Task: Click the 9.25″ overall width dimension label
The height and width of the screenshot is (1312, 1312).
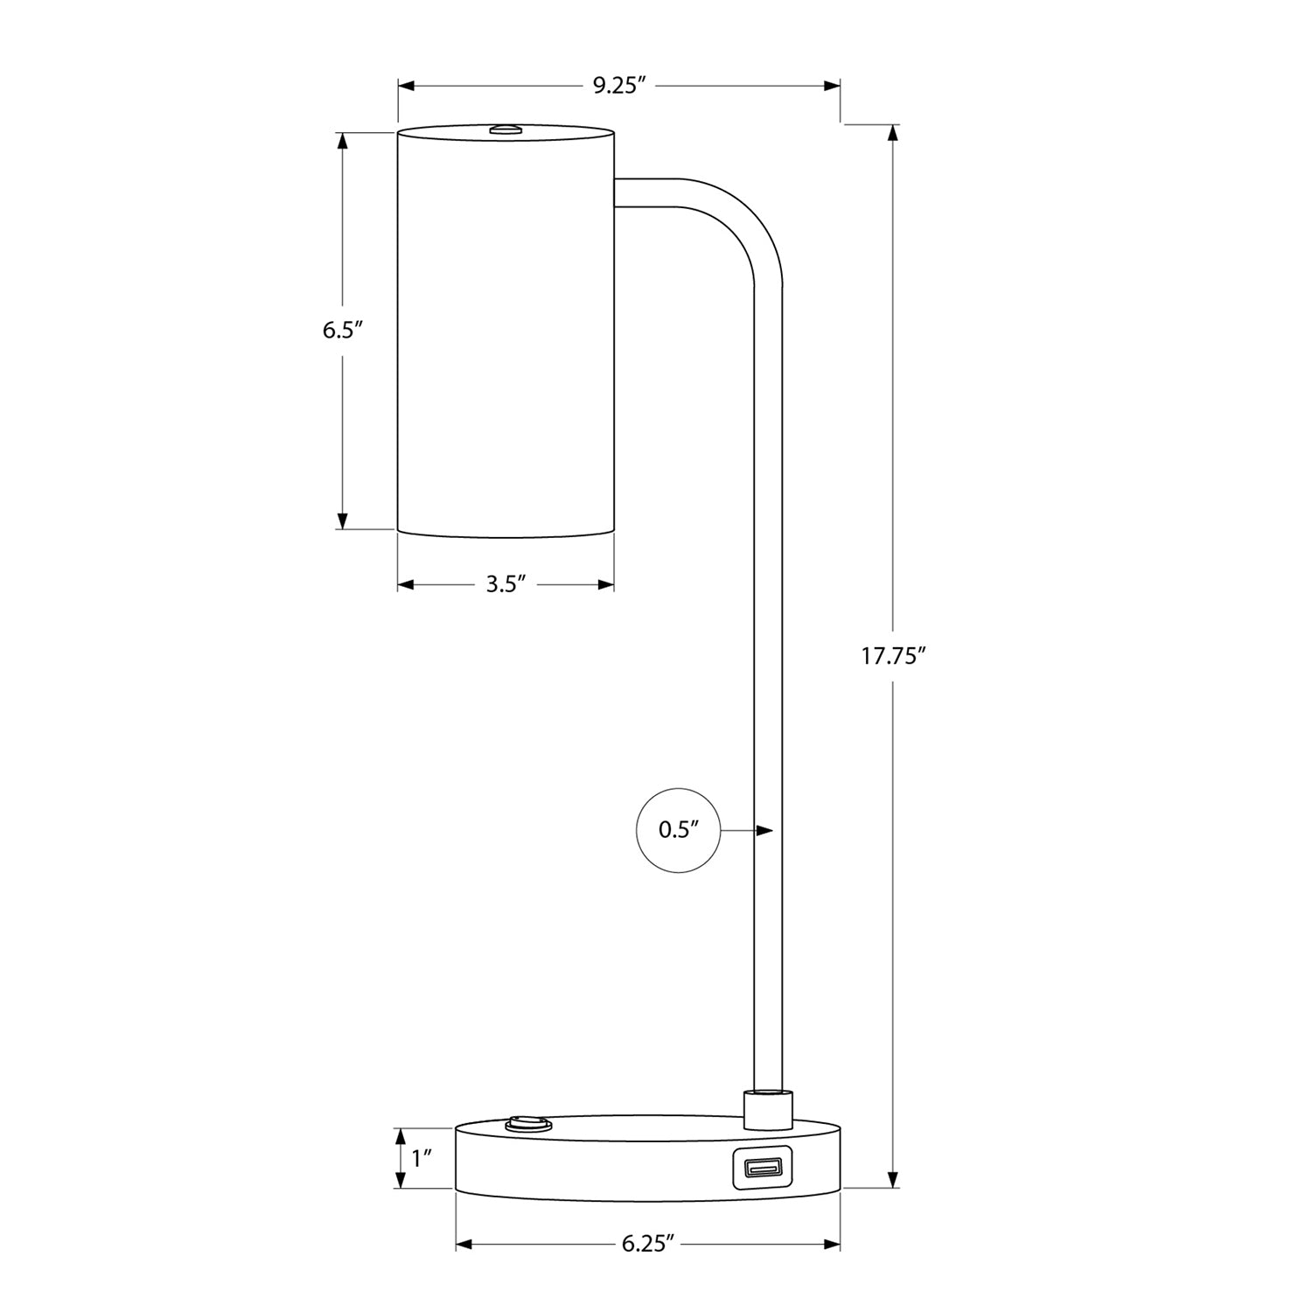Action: pos(619,86)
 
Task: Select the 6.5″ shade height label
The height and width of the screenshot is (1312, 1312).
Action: pos(342,331)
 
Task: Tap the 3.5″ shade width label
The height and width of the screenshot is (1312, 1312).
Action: pos(506,585)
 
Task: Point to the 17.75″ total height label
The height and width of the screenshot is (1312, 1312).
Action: pos(892,657)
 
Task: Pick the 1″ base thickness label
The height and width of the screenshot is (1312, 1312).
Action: pos(422,1159)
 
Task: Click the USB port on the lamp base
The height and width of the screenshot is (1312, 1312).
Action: pos(761,1168)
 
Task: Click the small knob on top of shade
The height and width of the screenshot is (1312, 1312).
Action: pos(506,129)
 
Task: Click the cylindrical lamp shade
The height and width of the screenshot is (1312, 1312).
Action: pos(506,332)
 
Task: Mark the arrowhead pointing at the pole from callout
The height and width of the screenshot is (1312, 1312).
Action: pos(764,830)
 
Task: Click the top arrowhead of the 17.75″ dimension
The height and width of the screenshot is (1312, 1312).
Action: pos(892,134)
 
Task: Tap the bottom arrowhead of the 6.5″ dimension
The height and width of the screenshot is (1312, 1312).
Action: pos(342,520)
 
